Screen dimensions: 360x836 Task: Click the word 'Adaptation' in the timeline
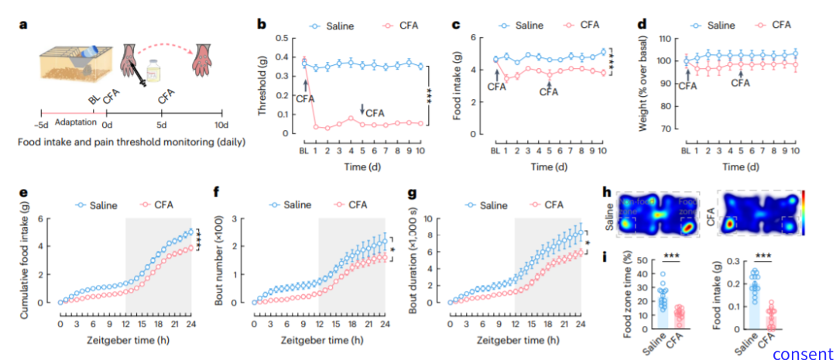pos(75,121)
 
